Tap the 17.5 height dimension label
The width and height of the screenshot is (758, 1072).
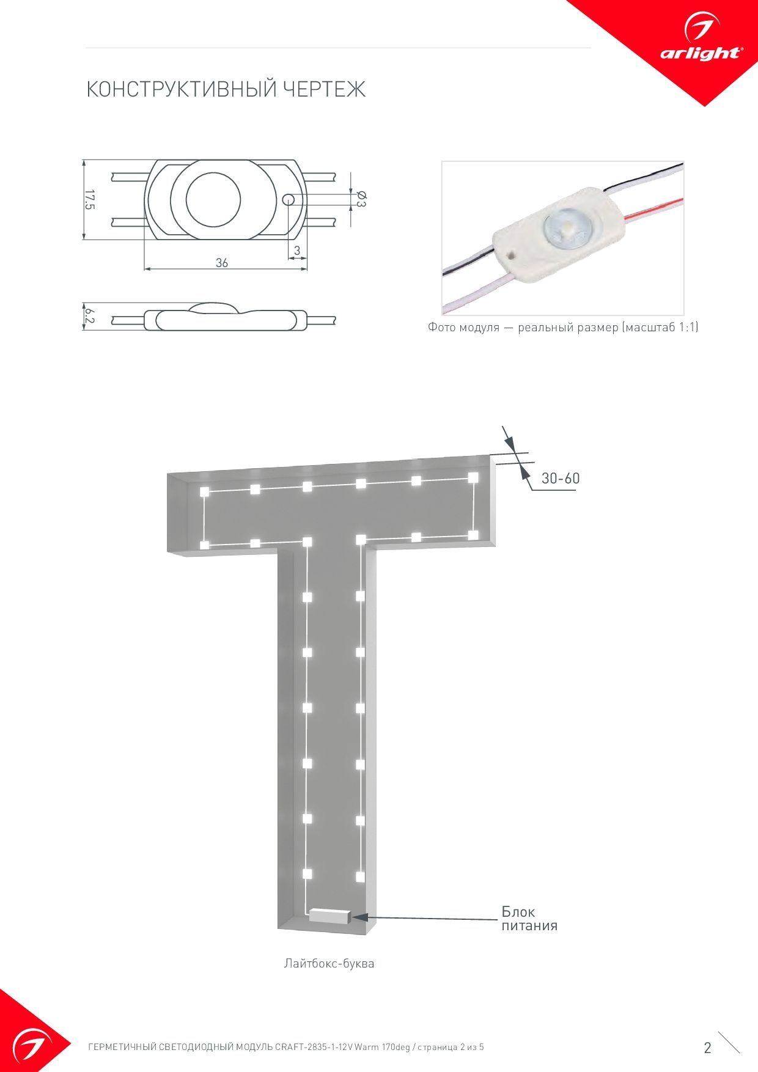tap(90, 200)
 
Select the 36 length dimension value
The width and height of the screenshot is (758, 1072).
tap(222, 262)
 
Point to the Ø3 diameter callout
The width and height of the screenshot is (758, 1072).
tap(361, 199)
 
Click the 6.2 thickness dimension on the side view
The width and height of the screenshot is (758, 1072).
tap(90, 316)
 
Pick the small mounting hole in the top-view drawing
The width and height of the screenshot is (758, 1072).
tap(288, 199)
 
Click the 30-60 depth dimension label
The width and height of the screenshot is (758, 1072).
tap(561, 478)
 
